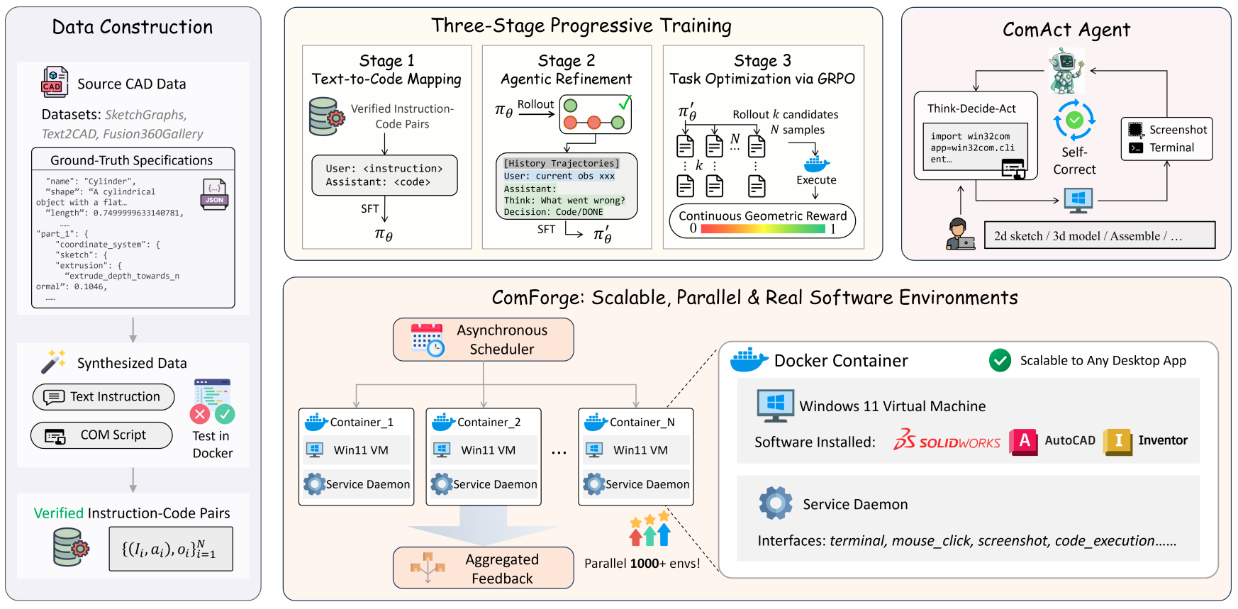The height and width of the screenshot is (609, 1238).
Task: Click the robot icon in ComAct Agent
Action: pos(1066,71)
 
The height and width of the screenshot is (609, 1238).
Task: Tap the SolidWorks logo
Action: pos(947,440)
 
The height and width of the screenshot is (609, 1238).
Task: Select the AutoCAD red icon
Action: pos(1023,442)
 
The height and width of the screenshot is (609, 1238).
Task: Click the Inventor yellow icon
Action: pos(1117,442)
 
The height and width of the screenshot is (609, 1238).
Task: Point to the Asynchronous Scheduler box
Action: pos(484,340)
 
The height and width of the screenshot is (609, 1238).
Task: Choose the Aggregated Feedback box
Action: pos(484,568)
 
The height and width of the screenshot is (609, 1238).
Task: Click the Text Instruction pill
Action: pos(104,397)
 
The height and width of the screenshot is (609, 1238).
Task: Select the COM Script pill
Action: pos(101,435)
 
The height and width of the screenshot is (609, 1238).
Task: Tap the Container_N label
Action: pos(642,423)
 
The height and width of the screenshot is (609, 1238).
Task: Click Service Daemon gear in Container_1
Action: pos(314,484)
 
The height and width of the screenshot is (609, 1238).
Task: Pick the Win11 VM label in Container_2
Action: pos(488,450)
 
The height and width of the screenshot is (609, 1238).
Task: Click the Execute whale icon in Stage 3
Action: pos(817,164)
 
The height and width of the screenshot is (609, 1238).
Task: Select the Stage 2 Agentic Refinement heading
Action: pos(566,69)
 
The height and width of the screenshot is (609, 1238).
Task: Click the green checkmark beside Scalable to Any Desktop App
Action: pos(1000,361)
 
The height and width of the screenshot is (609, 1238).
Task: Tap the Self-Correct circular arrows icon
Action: pos(1074,120)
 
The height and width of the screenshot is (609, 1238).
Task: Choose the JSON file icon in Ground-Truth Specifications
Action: pos(214,194)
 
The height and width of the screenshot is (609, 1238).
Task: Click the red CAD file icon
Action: pos(55,82)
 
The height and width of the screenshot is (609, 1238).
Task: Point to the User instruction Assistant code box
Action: pos(384,175)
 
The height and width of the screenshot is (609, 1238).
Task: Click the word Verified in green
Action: pos(59,513)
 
